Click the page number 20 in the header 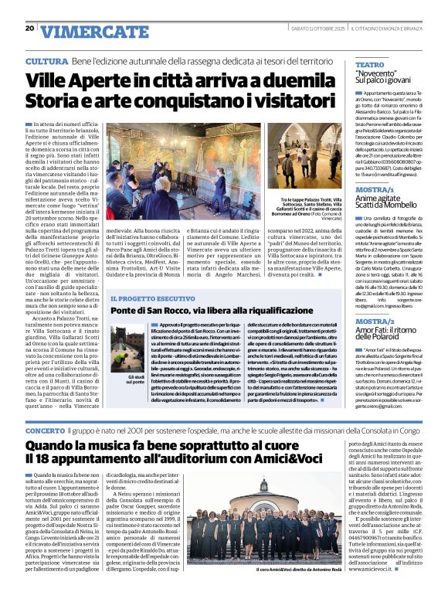click(x=29, y=29)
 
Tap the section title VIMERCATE click(x=84, y=31)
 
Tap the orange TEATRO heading click(x=370, y=65)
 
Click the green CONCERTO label click(x=46, y=428)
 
